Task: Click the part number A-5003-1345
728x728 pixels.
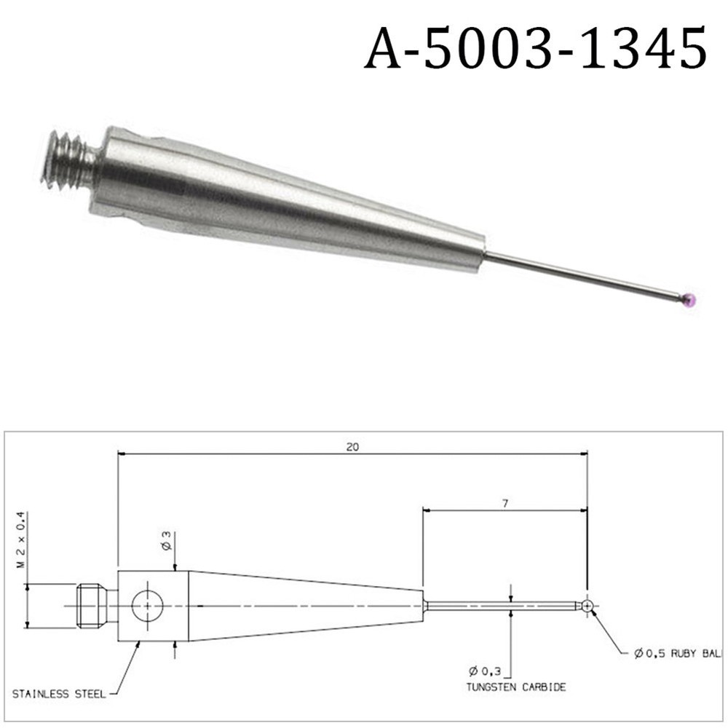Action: point(535,49)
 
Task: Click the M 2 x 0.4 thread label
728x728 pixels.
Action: point(21,539)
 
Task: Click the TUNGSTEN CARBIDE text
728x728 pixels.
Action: point(518,687)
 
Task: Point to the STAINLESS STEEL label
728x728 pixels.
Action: point(58,693)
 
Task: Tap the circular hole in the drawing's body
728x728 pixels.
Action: point(147,606)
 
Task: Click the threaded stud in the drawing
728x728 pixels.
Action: point(91,606)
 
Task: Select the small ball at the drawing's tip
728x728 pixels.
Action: point(587,606)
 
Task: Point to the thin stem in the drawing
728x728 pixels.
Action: point(502,606)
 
